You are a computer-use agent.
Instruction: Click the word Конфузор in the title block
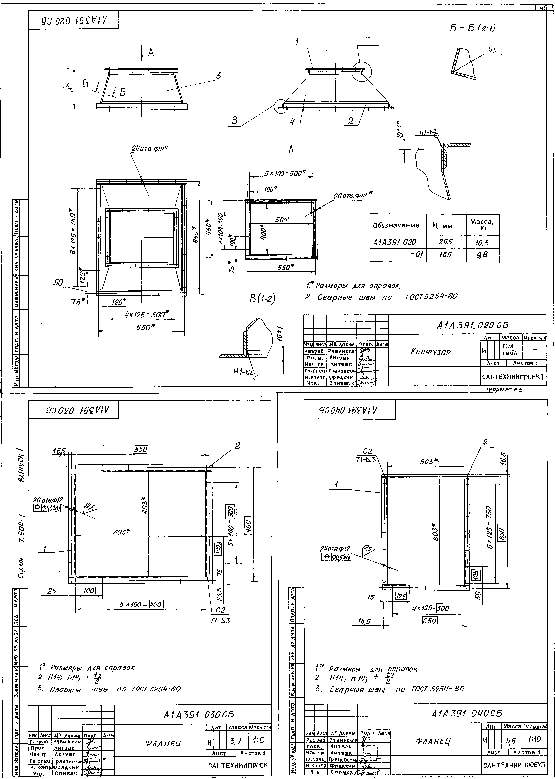(x=431, y=352)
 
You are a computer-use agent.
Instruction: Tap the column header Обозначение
(x=396, y=225)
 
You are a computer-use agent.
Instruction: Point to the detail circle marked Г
(x=361, y=72)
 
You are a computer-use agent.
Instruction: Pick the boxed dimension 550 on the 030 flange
(x=140, y=450)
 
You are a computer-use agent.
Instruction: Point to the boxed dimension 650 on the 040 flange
(x=430, y=621)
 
